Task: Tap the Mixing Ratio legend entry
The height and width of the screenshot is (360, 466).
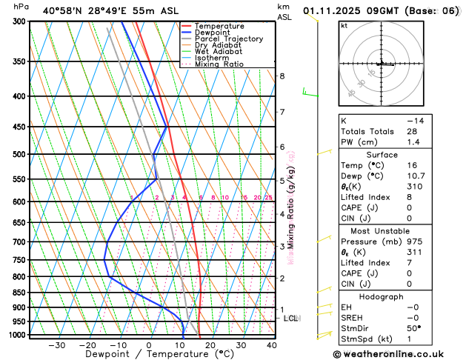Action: pos(223,64)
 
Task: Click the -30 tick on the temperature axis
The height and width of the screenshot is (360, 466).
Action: pos(56,345)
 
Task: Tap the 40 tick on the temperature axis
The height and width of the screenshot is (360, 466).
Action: pos(272,345)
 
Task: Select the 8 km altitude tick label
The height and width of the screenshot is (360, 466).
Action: pos(282,76)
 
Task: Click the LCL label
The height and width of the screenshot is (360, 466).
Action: pos(290,319)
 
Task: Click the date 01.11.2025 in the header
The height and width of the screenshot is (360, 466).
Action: pos(337,10)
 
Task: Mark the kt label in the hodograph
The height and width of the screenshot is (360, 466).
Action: pos(344,25)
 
